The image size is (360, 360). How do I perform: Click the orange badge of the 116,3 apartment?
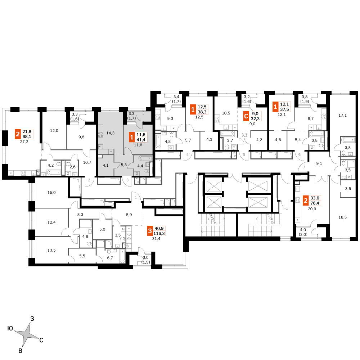tap(150, 231)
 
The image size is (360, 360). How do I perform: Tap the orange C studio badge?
tap(246, 116)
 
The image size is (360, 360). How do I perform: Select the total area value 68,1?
tap(27, 136)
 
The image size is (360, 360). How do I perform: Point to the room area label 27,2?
tap(24, 142)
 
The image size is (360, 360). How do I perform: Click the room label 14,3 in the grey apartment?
tap(111, 133)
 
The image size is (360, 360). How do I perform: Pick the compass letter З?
tap(32, 319)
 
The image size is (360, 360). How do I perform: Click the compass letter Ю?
tap(10, 328)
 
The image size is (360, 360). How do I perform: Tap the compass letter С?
tap(41, 340)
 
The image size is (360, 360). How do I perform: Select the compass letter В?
tap(21, 351)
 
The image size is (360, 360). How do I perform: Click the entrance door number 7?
tap(304, 167)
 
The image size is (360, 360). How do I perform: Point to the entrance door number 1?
tap(136, 197)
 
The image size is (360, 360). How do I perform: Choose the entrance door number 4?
tap(188, 155)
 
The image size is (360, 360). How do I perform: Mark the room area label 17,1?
tap(343, 115)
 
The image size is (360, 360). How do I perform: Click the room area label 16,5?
tap(343, 217)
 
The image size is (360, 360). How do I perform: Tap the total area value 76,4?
tap(315, 203)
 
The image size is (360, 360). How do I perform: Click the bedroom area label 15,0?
tap(51, 193)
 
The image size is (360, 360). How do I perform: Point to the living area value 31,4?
tap(156, 239)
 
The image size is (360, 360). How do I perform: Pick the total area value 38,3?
tap(202, 112)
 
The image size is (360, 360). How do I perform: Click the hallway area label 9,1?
tap(319, 163)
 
